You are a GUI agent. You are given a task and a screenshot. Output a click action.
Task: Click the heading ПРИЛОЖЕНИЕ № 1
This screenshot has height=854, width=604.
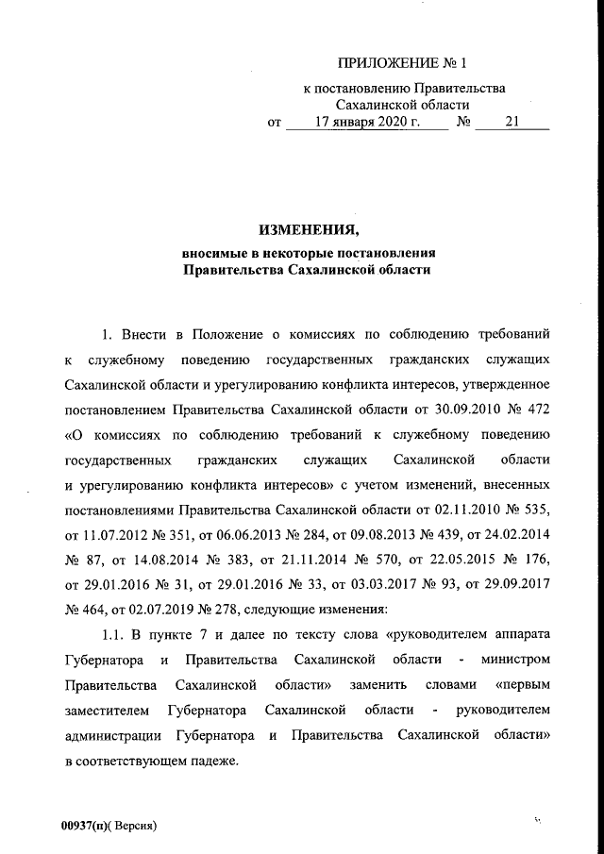click(403, 64)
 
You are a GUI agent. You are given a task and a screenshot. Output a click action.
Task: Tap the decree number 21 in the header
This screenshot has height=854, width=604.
click(512, 122)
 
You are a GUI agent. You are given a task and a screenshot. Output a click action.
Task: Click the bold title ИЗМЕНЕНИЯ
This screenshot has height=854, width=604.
click(308, 229)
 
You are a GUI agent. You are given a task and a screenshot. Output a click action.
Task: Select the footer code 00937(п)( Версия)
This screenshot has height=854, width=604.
click(107, 826)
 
